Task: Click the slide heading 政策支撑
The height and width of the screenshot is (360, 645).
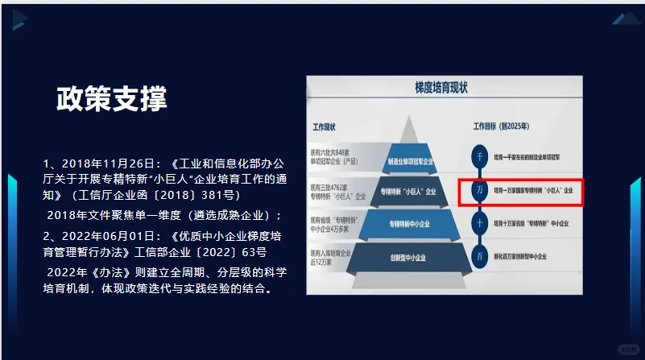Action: (112, 99)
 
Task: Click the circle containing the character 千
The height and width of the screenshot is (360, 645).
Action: (480, 156)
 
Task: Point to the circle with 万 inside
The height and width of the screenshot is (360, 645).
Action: (480, 191)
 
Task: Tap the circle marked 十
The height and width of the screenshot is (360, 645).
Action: (480, 223)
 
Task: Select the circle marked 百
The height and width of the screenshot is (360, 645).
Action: (480, 256)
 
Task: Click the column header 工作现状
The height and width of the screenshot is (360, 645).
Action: (324, 127)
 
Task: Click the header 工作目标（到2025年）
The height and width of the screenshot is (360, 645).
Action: (504, 127)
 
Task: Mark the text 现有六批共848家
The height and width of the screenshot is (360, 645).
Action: (333, 152)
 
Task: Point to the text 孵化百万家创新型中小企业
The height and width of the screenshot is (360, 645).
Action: (525, 256)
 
